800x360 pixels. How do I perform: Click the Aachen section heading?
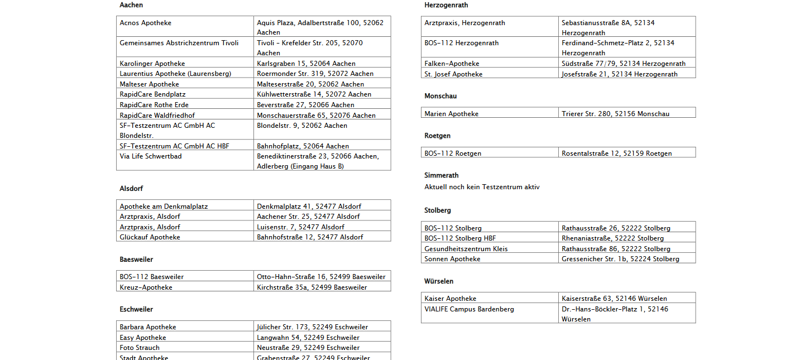click(131, 5)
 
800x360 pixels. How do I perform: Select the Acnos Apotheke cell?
click(145, 23)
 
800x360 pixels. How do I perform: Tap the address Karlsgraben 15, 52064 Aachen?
click(306, 64)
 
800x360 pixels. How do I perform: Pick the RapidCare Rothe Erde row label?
click(154, 105)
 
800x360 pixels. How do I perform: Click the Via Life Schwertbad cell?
click(151, 156)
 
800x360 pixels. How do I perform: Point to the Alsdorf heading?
click(131, 189)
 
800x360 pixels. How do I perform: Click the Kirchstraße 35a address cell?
click(312, 287)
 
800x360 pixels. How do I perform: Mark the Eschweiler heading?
click(136, 309)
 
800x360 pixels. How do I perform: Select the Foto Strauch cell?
click(140, 348)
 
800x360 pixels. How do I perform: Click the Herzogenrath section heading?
click(446, 5)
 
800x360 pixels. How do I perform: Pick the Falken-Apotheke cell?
click(452, 64)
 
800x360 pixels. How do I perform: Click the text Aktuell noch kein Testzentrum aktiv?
click(482, 187)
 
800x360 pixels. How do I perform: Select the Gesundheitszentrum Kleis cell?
click(466, 249)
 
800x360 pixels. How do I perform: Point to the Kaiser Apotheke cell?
click(450, 299)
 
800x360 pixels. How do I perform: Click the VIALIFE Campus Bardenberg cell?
click(469, 309)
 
